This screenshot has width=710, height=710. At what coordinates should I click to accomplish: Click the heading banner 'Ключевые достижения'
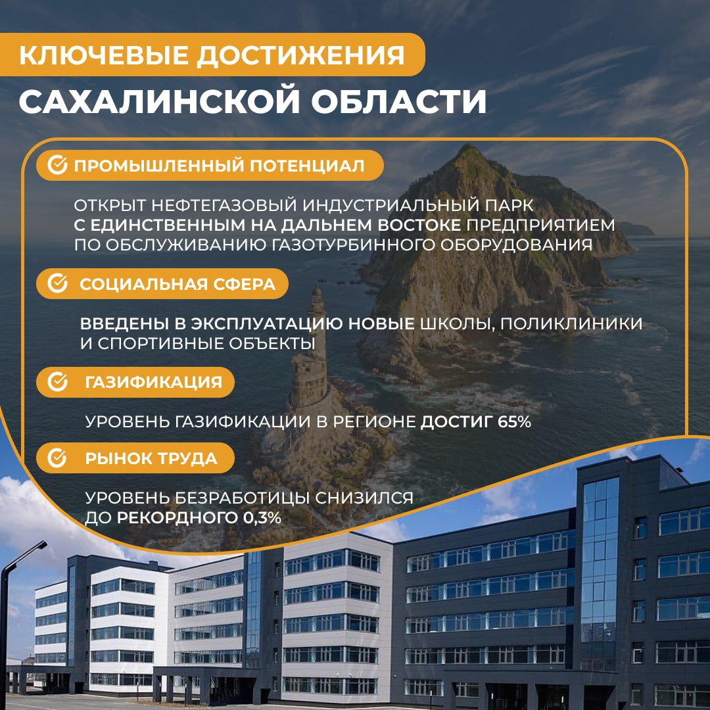[212, 55]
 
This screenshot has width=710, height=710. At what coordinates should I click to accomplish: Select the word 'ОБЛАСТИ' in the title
[394, 102]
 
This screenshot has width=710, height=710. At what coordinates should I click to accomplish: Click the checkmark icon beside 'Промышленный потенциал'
[58, 166]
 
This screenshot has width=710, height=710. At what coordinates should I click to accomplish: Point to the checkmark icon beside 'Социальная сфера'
[58, 284]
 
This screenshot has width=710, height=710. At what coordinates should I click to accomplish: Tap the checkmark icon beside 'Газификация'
[58, 382]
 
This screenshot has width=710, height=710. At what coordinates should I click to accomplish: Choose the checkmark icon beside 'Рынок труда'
[58, 458]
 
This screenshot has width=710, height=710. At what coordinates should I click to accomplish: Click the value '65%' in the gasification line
[514, 422]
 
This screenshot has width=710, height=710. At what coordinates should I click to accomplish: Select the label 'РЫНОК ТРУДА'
[151, 458]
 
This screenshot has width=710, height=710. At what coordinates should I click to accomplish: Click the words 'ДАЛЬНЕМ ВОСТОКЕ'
[372, 225]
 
